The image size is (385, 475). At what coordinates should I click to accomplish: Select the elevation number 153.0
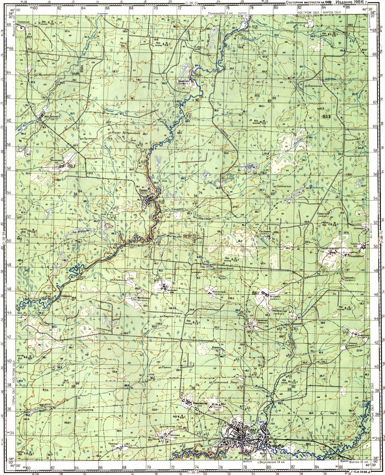(326, 117)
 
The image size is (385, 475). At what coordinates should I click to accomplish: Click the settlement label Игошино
(273, 297)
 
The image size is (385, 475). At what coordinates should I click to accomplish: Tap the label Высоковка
(212, 291)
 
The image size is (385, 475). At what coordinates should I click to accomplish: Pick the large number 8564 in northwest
(81, 69)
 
